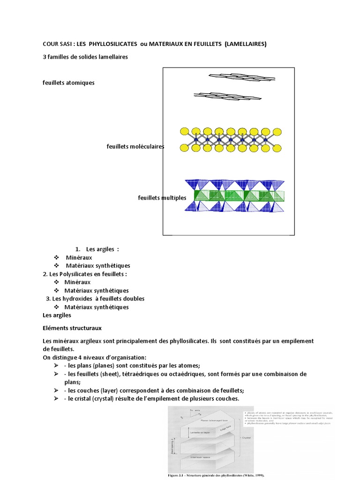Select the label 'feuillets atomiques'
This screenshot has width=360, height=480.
coord(68,82)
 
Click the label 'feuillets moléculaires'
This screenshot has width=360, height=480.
coord(135,147)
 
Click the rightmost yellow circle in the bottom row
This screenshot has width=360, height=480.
coord(277,149)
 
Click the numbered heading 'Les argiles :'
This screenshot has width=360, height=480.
coord(103,249)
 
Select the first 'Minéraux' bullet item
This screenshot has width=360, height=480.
coord(79,257)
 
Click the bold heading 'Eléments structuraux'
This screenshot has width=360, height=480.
coord(72,328)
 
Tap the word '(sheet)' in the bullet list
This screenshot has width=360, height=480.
coord(109,374)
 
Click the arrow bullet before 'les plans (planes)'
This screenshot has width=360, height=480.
coord(57,366)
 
